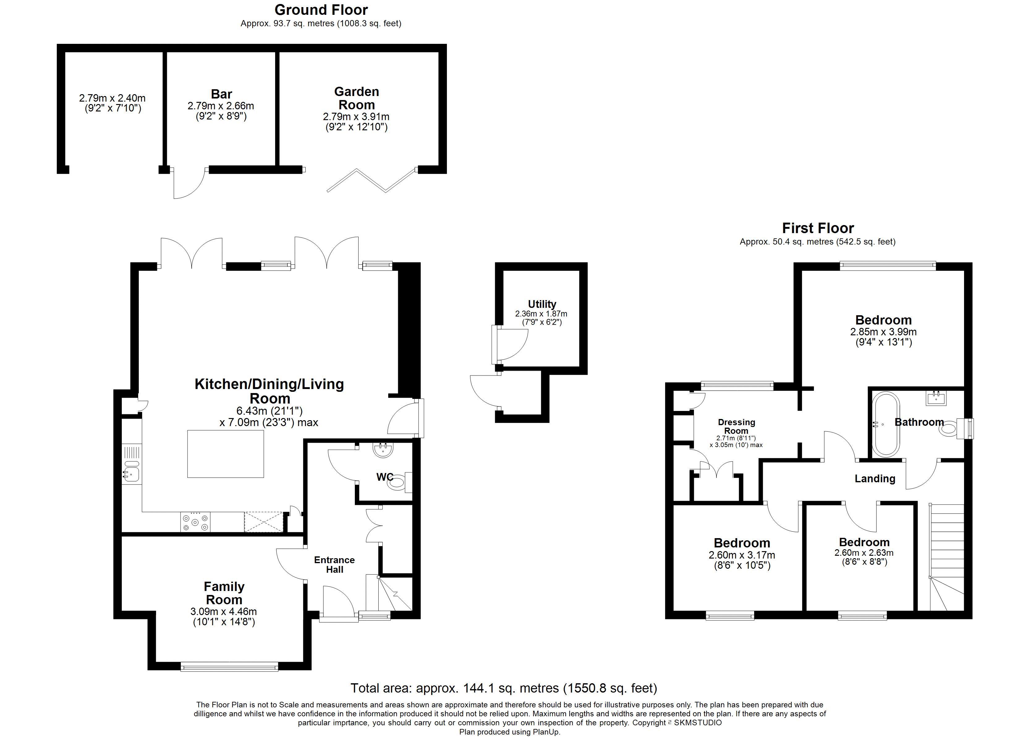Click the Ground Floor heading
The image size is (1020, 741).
[321, 10]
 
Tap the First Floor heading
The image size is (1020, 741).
[818, 228]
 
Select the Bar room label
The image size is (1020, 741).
[221, 94]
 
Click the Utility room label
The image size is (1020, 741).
[542, 304]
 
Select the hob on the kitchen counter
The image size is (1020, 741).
[195, 522]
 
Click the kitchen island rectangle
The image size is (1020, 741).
[226, 454]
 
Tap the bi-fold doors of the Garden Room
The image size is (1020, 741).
[371, 180]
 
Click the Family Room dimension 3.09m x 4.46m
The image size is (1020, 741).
[223, 612]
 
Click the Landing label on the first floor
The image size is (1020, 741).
[875, 479]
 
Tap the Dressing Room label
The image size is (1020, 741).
[736, 426]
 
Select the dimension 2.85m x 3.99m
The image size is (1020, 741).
[883, 332]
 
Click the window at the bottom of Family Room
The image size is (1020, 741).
[229, 667]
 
